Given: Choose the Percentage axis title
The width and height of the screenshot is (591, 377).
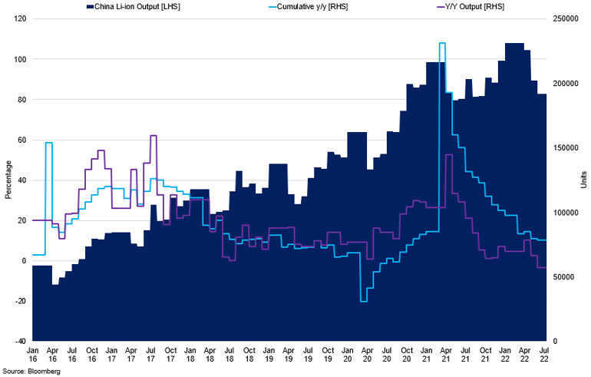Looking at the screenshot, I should pyautogui.click(x=8, y=180).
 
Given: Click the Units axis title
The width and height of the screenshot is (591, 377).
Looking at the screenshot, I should pyautogui.click(x=583, y=180).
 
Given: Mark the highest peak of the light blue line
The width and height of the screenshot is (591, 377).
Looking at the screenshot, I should pyautogui.click(x=442, y=44).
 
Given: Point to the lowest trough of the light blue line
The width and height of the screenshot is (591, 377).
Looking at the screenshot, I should pyautogui.click(x=363, y=301).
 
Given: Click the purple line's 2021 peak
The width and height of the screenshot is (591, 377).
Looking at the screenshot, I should pyautogui.click(x=448, y=155).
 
